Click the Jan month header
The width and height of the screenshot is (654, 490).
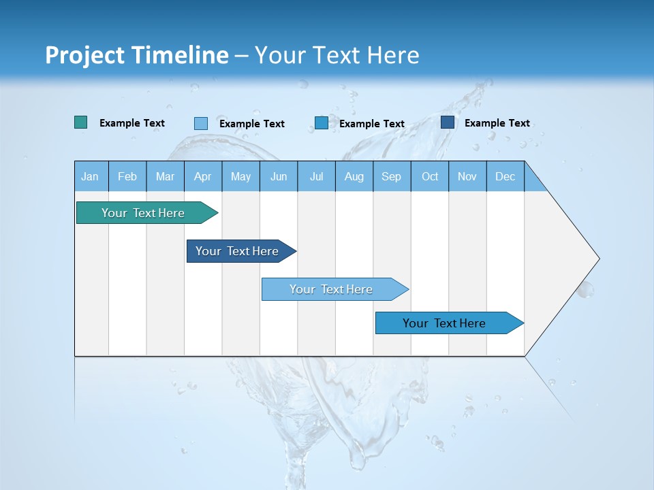[x=91, y=176]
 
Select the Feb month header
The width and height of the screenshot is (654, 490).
[x=127, y=176]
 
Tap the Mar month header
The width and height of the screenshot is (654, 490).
[x=165, y=176]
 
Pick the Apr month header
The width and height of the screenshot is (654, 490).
[x=203, y=176]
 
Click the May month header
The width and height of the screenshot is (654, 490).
[x=240, y=176]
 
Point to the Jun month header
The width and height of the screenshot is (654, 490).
[x=279, y=176]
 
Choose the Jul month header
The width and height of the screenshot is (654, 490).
[x=316, y=176]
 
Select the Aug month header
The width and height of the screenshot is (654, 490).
[x=354, y=176]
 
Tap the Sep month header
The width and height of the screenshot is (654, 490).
[x=392, y=176]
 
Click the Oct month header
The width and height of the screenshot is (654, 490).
[x=430, y=176]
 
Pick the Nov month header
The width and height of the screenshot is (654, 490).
[x=467, y=176]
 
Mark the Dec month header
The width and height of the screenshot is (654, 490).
[x=505, y=176]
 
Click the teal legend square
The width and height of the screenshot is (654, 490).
[x=81, y=122]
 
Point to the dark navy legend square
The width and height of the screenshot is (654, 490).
[x=448, y=122]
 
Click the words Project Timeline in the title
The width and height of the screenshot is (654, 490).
[x=137, y=55]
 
